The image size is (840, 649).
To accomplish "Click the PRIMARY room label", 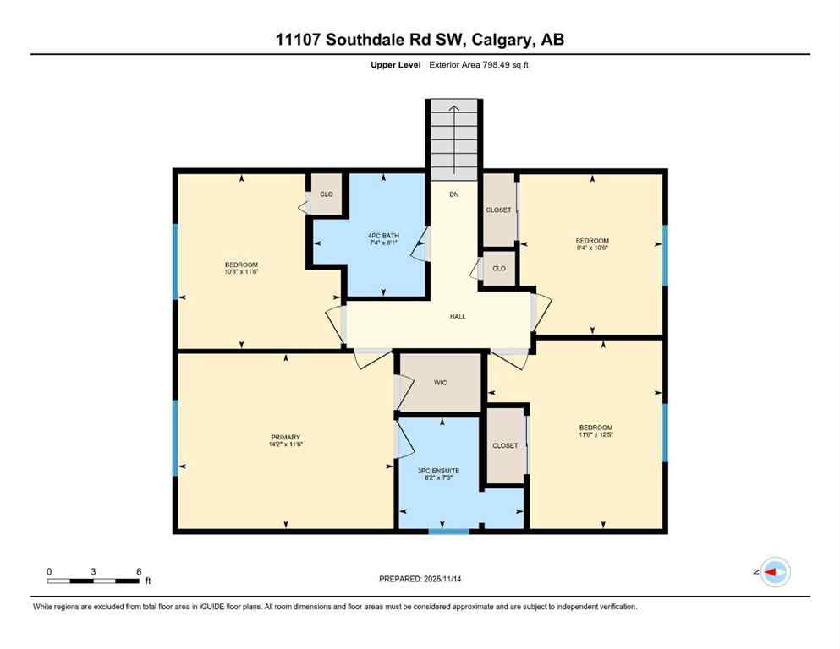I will tap(286, 437).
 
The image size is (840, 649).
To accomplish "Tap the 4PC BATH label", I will tap(383, 235).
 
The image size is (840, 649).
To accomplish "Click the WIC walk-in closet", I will tap(440, 383).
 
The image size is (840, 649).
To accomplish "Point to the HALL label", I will tap(457, 317).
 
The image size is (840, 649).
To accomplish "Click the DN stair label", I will tap(453, 194).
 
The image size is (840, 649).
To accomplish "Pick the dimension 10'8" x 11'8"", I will tap(242, 272).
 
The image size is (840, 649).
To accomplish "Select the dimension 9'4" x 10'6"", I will tap(592, 248).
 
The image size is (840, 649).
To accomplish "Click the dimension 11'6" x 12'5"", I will tap(596, 435).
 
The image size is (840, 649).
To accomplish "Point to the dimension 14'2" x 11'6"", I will tap(286, 444).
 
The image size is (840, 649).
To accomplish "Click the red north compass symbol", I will tap(774, 572).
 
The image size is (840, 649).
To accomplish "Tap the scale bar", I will tap(93, 581).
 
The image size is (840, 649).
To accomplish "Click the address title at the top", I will tap(420, 40).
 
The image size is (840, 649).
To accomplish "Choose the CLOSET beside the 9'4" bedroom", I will tap(498, 210).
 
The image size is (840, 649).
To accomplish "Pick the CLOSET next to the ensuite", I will tap(505, 445).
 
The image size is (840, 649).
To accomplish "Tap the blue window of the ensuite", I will tap(448, 531).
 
